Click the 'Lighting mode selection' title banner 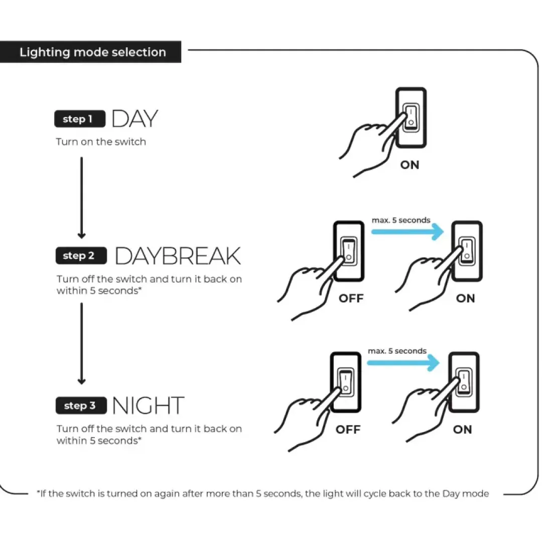[x=90, y=52]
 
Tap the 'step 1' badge [x=80, y=119]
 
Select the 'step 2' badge [x=81, y=255]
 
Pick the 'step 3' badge [x=81, y=405]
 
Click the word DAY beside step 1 [x=135, y=118]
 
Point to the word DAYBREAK [x=178, y=256]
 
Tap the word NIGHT [x=148, y=405]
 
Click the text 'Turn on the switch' [x=101, y=142]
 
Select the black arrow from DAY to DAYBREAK [x=82, y=198]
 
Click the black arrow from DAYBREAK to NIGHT [x=82, y=344]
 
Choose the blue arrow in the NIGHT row [x=403, y=363]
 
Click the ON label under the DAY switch [x=410, y=165]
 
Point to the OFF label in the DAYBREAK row [x=351, y=298]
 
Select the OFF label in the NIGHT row [x=348, y=429]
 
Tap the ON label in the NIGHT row [x=463, y=429]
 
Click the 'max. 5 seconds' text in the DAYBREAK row [x=401, y=220]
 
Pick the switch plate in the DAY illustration [x=411, y=118]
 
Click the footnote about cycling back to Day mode [x=263, y=494]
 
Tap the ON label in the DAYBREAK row [x=466, y=298]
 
